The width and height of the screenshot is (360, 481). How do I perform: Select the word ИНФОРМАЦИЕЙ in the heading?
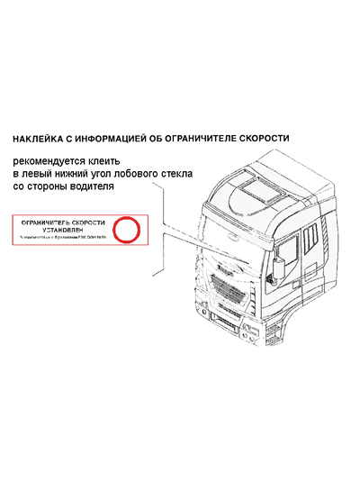click(x=118, y=140)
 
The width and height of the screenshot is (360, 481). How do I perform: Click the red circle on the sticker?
click(x=127, y=231)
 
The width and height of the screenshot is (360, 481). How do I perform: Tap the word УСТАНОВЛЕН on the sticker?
click(x=63, y=230)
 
